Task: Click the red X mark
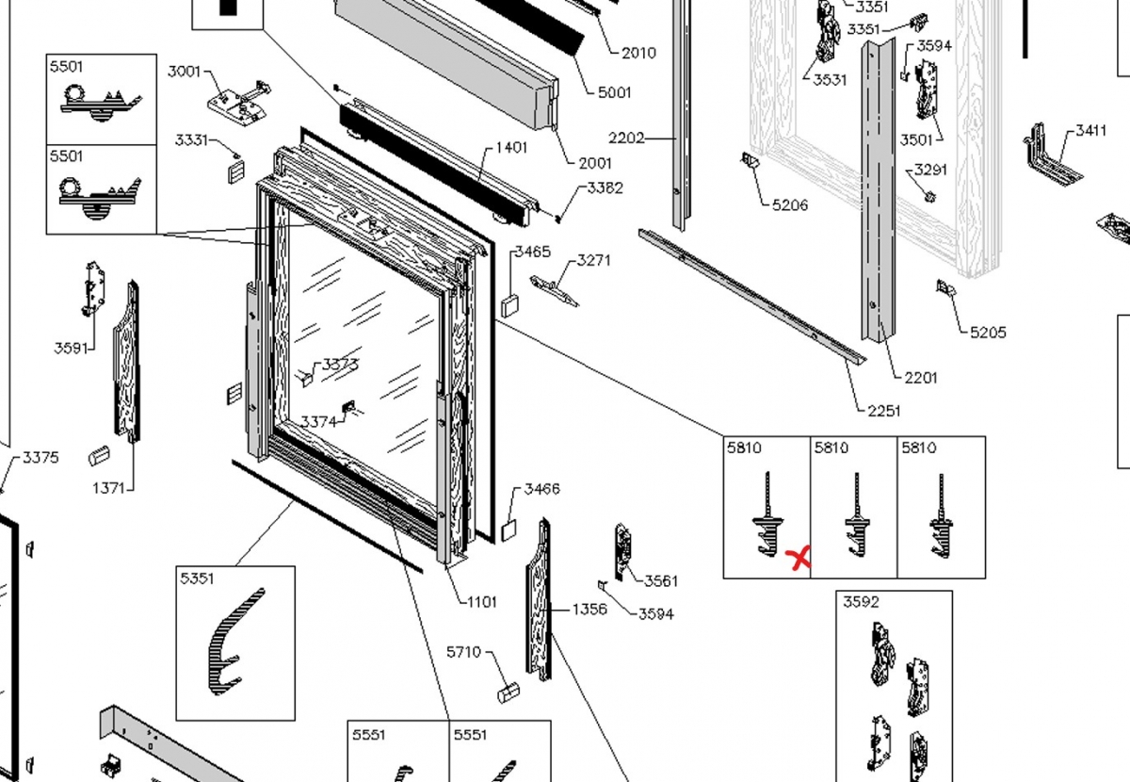point(799,560)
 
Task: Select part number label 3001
point(184,72)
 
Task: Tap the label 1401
point(511,147)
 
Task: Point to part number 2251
point(884,411)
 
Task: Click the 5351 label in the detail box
point(198,578)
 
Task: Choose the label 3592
point(861,602)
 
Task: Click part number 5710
point(463,651)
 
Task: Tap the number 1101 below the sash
point(481,602)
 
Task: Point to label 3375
point(40,458)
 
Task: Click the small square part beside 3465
point(510,304)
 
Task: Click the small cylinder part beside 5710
point(508,693)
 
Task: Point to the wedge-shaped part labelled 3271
point(555,289)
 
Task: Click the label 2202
point(626,138)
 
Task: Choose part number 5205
point(988,332)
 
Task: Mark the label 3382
point(605,187)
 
